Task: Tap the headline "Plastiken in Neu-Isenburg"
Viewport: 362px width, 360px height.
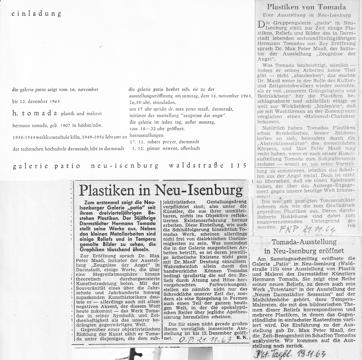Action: click(x=161, y=190)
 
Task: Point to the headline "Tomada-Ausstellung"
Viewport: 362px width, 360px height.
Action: click(x=304, y=242)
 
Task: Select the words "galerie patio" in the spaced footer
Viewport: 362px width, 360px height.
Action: click(x=46, y=166)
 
